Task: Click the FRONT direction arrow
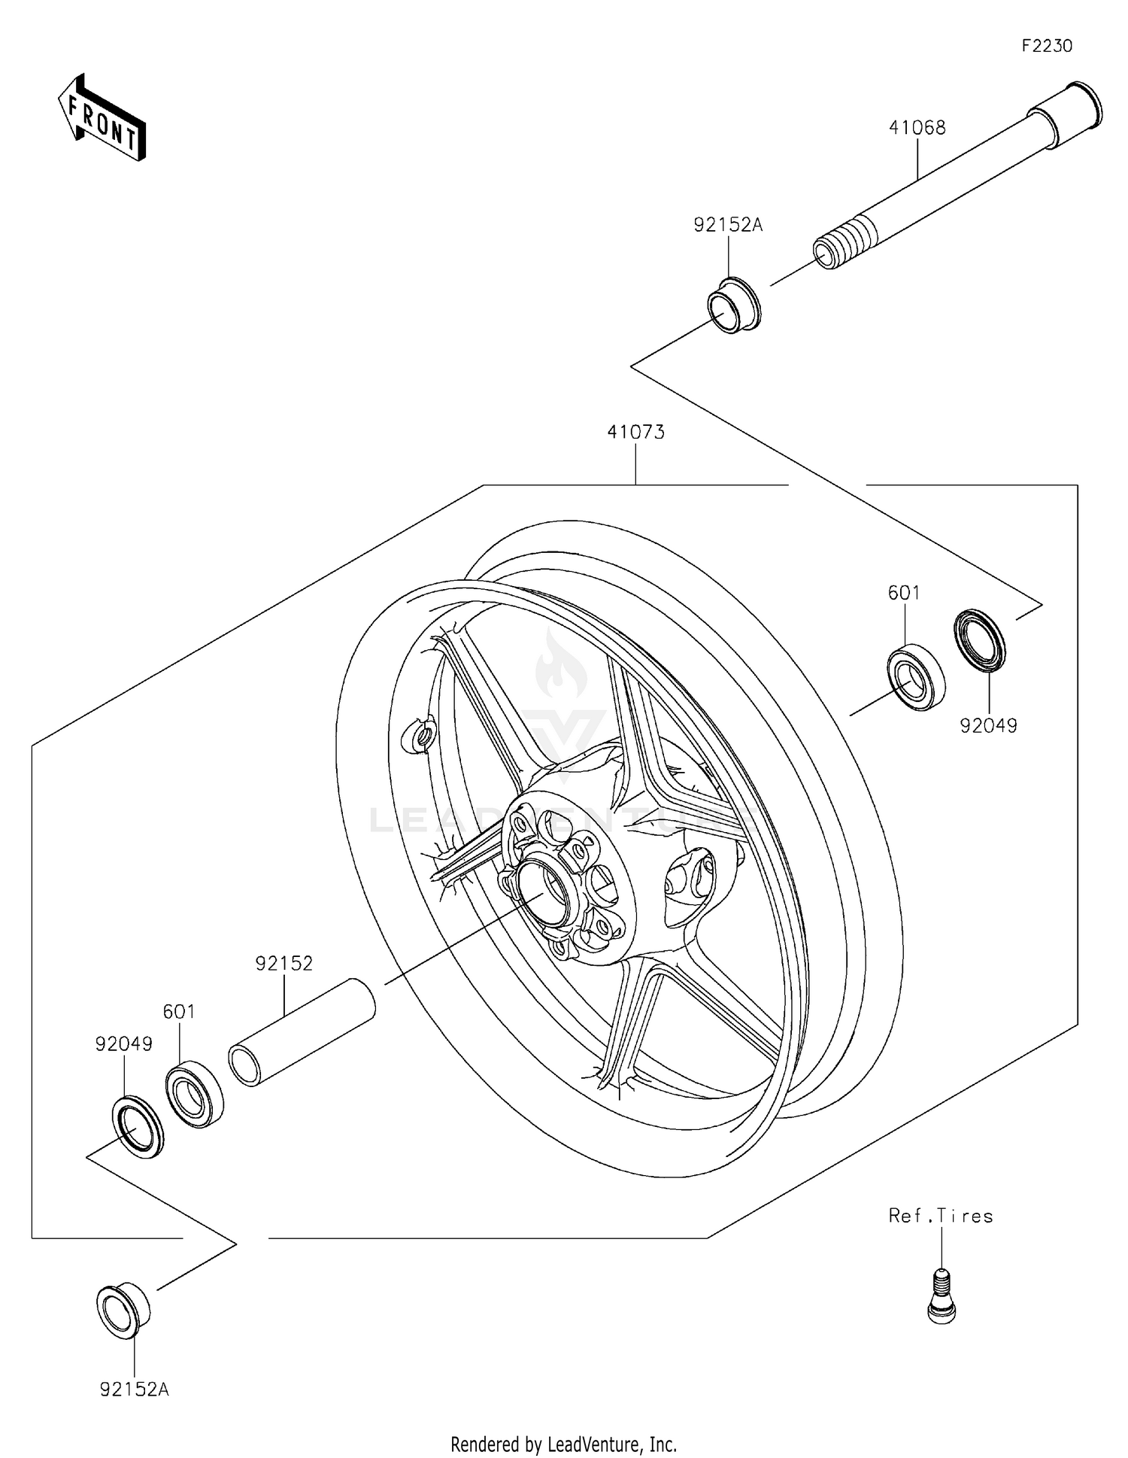click(102, 118)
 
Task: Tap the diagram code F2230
click(1046, 46)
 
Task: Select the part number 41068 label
click(917, 128)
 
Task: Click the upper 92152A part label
click(727, 225)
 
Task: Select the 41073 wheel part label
click(635, 433)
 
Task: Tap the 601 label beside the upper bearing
click(903, 593)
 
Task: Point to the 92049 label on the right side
click(988, 726)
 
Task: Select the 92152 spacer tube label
click(284, 964)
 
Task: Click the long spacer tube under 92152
click(302, 1031)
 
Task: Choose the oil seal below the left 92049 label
click(137, 1127)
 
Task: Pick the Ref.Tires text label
click(940, 1217)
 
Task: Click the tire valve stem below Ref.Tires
click(941, 1293)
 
